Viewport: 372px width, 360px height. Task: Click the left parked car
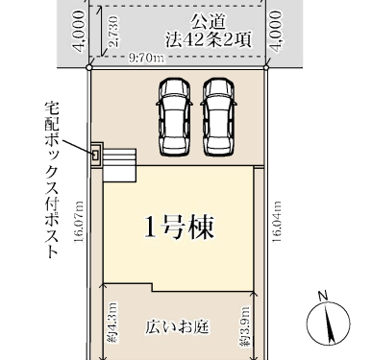tap(174, 117)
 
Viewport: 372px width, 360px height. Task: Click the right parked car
tap(219, 117)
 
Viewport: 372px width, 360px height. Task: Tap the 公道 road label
tap(209, 22)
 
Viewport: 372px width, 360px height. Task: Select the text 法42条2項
tap(209, 40)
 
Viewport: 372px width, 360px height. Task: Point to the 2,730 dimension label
tap(113, 32)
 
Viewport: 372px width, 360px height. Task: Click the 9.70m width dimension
tap(146, 58)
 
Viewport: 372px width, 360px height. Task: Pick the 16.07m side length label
tap(79, 222)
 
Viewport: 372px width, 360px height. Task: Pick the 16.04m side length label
tap(277, 222)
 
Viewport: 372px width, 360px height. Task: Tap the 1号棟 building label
tap(179, 227)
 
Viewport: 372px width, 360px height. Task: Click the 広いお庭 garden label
tap(177, 327)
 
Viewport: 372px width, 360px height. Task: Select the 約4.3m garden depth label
tap(112, 323)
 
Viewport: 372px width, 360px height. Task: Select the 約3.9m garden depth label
tap(244, 326)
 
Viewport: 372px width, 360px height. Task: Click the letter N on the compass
tap(323, 296)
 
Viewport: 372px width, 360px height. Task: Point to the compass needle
tap(329, 324)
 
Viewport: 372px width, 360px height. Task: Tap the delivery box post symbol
tap(95, 156)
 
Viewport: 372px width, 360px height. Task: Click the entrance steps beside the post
tap(120, 165)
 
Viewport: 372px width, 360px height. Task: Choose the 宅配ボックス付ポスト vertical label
tap(53, 180)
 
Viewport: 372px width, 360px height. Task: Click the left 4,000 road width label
tap(78, 31)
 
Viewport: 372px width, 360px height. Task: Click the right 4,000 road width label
tap(276, 31)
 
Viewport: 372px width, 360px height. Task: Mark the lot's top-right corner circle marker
tap(266, 67)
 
